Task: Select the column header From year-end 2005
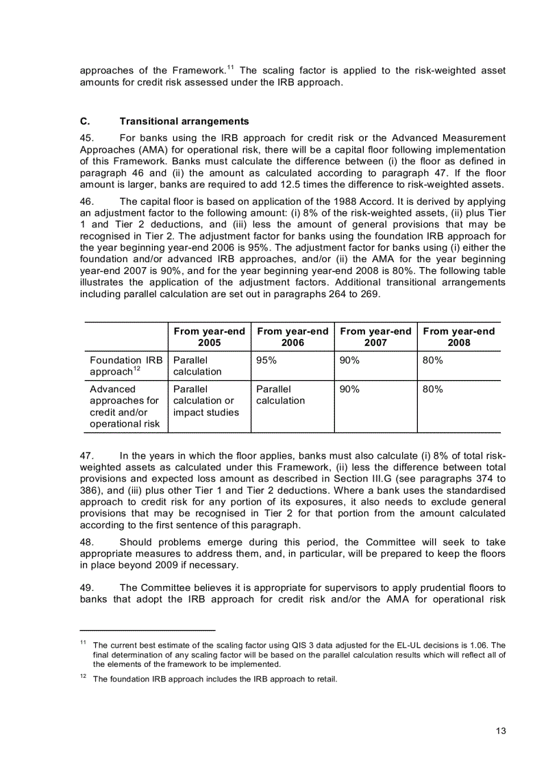pyautogui.click(x=209, y=337)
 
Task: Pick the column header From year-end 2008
pyautogui.click(x=458, y=337)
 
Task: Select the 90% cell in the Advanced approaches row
pyautogui.click(x=349, y=389)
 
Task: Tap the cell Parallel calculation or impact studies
pyautogui.click(x=206, y=401)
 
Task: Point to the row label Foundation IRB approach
pyautogui.click(x=125, y=366)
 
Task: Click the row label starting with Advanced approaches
pyautogui.click(x=124, y=406)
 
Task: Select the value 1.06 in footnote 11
pyautogui.click(x=480, y=645)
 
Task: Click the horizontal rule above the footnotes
pyautogui.click(x=147, y=629)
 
